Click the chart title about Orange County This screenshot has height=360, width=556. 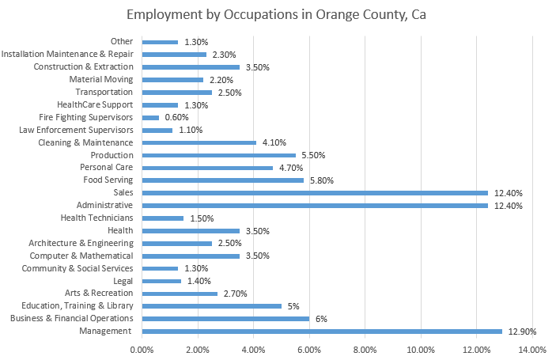(278, 16)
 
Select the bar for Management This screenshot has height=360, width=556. (321, 331)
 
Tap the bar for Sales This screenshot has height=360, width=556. (314, 192)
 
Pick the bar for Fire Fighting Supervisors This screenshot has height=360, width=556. (150, 117)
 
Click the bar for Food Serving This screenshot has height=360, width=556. (222, 180)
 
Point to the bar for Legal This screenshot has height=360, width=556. (161, 281)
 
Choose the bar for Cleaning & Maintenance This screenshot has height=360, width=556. (199, 142)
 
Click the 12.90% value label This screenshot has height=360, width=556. (524, 331)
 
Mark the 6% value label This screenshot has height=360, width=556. (323, 319)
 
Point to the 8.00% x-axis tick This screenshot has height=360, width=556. (365, 349)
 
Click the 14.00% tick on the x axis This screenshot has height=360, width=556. (532, 349)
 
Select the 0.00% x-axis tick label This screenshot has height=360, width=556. (142, 349)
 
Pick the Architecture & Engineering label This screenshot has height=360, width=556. (81, 243)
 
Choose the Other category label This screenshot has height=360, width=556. (122, 41)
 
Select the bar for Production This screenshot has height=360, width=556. (218, 155)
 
